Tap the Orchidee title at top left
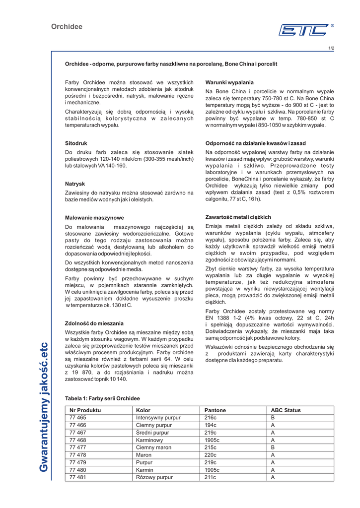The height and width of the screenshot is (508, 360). point(67,27)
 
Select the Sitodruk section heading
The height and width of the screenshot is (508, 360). point(76,143)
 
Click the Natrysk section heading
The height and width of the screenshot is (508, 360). point(75,183)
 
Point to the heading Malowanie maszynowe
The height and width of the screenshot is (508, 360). point(94,217)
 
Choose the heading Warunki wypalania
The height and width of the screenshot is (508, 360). point(229,82)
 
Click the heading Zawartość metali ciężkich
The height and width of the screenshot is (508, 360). point(238,217)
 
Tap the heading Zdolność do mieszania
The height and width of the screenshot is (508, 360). point(94,323)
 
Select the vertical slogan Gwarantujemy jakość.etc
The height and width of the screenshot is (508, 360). point(45,407)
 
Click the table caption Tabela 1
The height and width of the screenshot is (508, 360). point(102,398)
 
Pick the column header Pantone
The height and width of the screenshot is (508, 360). point(215,410)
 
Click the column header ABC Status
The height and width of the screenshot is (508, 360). point(286,410)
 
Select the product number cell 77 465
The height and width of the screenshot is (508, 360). point(78,418)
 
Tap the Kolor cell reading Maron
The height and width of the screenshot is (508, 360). point(144,455)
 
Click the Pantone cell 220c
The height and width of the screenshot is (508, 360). point(211,455)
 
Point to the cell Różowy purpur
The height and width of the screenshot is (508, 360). point(154,477)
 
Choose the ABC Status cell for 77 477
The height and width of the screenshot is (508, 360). point(273,447)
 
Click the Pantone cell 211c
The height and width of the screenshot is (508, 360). point(211,477)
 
